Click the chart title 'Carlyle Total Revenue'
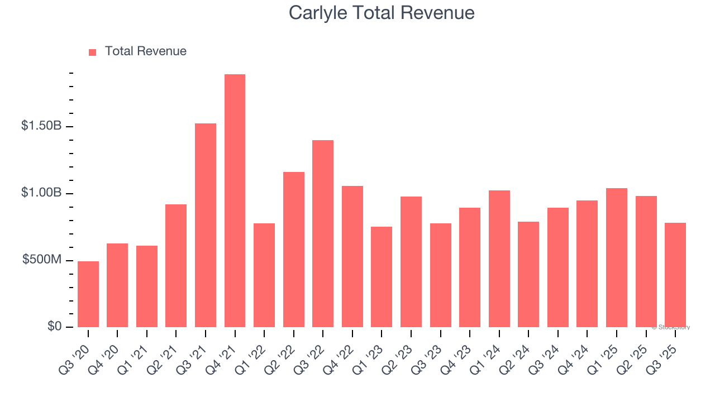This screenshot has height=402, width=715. pyautogui.click(x=382, y=13)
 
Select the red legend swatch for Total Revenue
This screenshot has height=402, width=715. pyautogui.click(x=93, y=52)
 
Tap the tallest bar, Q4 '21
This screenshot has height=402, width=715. pyautogui.click(x=235, y=200)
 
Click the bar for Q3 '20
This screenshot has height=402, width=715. pyautogui.click(x=88, y=294)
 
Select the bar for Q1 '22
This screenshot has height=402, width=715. pyautogui.click(x=264, y=275)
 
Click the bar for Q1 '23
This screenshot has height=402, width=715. pyautogui.click(x=382, y=277)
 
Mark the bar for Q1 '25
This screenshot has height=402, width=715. pyautogui.click(x=616, y=257)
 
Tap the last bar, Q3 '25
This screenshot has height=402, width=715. pyautogui.click(x=675, y=275)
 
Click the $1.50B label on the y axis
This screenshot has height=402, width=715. pyautogui.click(x=41, y=126)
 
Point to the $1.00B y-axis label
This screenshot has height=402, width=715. pyautogui.click(x=41, y=193)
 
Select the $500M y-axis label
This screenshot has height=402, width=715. pyautogui.click(x=41, y=260)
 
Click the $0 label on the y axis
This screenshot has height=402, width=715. pyautogui.click(x=54, y=326)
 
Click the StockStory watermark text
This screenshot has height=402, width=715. pyautogui.click(x=671, y=327)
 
